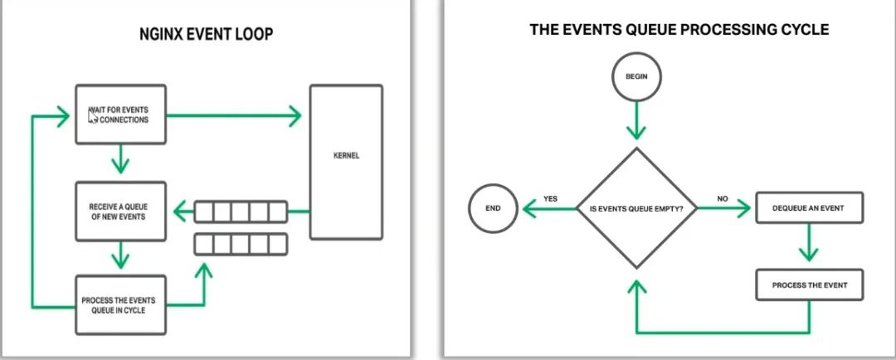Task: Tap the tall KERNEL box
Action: click(346, 161)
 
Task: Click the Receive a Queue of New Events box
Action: click(120, 212)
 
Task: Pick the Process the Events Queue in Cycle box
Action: click(120, 304)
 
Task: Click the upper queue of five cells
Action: click(241, 213)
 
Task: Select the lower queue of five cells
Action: click(241, 244)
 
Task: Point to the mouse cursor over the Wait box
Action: click(94, 117)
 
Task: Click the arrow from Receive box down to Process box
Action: click(121, 254)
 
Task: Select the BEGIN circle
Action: click(635, 77)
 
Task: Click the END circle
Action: click(492, 207)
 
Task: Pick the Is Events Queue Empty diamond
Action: click(635, 207)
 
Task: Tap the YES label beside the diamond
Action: click(550, 199)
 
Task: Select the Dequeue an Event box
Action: click(809, 207)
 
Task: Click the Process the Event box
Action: click(809, 285)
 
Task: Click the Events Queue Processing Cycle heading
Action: click(679, 30)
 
